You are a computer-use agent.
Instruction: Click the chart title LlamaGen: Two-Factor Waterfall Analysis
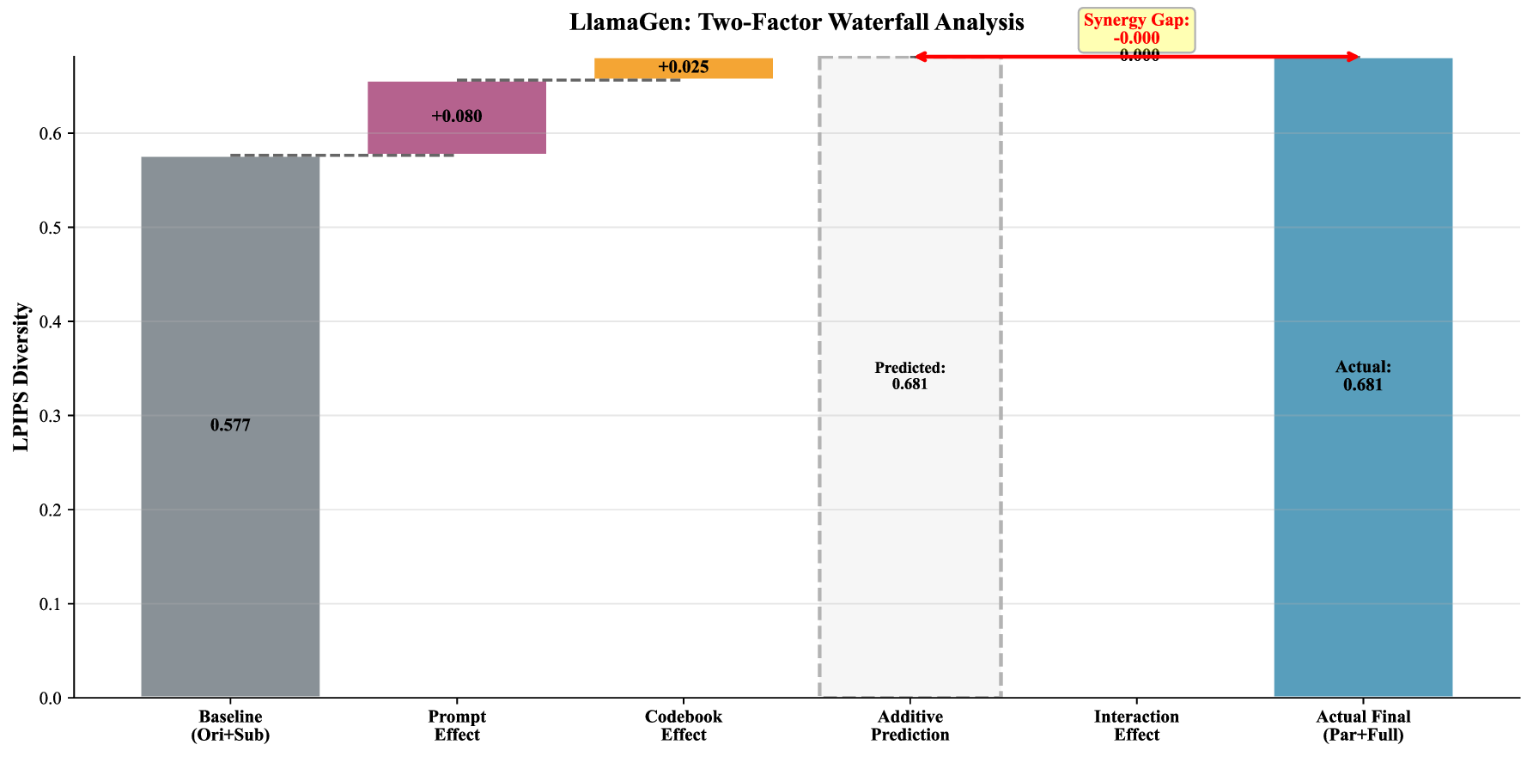[796, 22]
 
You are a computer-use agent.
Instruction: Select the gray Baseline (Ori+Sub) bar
[230, 516]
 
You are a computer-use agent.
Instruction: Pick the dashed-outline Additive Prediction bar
[910, 516]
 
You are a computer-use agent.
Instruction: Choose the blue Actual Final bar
[1363, 516]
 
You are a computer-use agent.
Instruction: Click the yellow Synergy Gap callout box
[1136, 30]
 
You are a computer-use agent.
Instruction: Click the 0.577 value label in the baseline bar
[230, 425]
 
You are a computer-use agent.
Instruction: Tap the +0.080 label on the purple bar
[457, 116]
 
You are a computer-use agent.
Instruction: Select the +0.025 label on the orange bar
[684, 67]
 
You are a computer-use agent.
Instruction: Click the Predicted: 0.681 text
[910, 375]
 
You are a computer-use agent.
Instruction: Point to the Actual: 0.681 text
[1363, 375]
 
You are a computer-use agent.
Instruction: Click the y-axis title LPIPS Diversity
[21, 377]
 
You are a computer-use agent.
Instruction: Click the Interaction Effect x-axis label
[1136, 725]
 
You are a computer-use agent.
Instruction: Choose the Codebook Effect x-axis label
[684, 725]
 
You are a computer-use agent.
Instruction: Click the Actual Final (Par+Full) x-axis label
[1363, 725]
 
